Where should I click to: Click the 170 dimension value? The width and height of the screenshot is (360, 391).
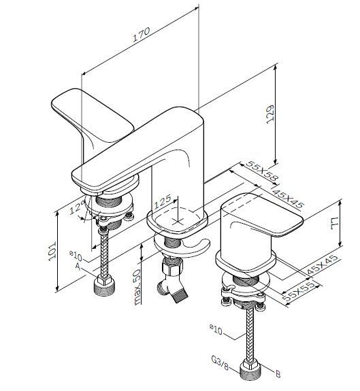click(x=141, y=34)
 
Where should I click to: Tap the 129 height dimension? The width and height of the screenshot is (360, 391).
click(x=270, y=114)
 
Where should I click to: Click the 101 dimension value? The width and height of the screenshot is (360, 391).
click(x=52, y=251)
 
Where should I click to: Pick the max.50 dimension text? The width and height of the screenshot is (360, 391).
click(x=137, y=287)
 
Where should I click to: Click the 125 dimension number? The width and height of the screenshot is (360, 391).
click(x=163, y=201)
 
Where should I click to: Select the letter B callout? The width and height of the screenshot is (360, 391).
click(x=278, y=374)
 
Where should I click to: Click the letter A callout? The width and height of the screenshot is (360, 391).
click(x=78, y=267)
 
